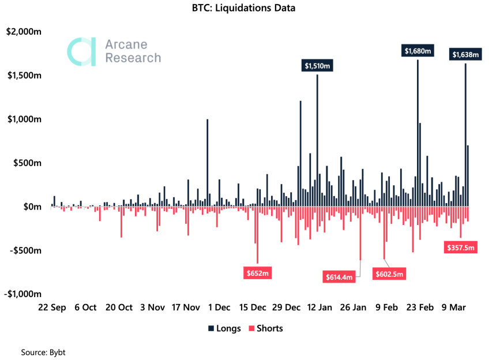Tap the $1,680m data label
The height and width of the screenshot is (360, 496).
click(417, 51)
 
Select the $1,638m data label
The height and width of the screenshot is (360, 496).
click(465, 55)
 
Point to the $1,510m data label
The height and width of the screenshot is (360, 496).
click(317, 66)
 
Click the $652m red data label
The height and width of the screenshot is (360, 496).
click(257, 272)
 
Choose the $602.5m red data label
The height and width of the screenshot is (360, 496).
click(389, 273)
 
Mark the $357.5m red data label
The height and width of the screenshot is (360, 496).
click(460, 248)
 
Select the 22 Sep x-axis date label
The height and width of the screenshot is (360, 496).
click(50, 307)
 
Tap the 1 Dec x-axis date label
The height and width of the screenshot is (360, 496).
click(219, 307)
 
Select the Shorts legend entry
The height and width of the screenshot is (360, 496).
click(266, 329)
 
